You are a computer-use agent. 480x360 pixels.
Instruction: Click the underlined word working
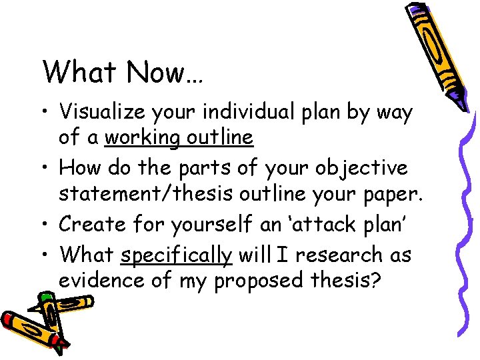[x=143, y=138]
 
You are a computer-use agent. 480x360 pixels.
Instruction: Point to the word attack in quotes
[x=325, y=224]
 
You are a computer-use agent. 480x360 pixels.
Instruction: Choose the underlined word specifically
[x=177, y=255]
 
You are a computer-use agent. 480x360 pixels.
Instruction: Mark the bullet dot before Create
[x=47, y=225]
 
